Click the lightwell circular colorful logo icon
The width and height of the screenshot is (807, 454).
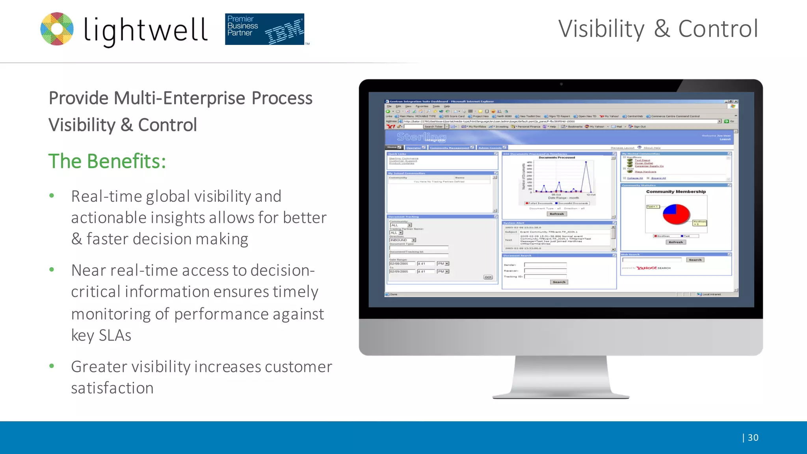point(57,29)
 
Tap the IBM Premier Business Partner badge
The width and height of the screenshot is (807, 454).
point(264,29)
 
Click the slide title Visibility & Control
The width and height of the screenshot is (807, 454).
point(658,29)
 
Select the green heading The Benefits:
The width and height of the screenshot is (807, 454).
point(107,161)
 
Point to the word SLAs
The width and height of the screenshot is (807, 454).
point(115,335)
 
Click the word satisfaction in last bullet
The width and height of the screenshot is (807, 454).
point(112,388)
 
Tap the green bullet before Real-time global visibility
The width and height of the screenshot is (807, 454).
point(52,195)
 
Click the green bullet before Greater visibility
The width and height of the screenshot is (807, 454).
point(52,366)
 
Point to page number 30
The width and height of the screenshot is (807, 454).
point(753,437)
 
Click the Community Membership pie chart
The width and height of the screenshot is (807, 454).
point(676,214)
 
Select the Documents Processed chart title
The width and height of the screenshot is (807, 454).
point(557,158)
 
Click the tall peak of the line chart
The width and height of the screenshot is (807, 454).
point(586,162)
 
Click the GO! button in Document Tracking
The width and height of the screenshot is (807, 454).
point(488,277)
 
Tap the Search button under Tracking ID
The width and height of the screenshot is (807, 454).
point(559,282)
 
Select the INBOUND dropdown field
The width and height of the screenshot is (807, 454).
point(402,240)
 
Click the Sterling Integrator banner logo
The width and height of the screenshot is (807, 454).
point(421,137)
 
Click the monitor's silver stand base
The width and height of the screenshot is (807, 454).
point(561,394)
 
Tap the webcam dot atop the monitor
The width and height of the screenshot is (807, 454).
point(561,84)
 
